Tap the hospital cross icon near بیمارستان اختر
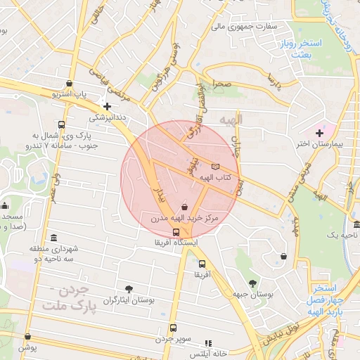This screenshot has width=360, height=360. [320, 132]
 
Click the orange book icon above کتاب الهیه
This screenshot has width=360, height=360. [215, 166]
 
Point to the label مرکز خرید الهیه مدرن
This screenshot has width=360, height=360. [185, 219]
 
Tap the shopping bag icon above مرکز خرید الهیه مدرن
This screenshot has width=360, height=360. [184, 207]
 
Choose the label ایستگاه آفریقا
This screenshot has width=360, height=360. [176, 242]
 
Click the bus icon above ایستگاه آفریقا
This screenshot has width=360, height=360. [176, 231]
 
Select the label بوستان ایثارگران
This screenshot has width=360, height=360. [129, 300]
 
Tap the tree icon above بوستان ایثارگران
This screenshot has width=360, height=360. [129, 288]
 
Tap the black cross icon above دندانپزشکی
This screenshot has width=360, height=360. [107, 106]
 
